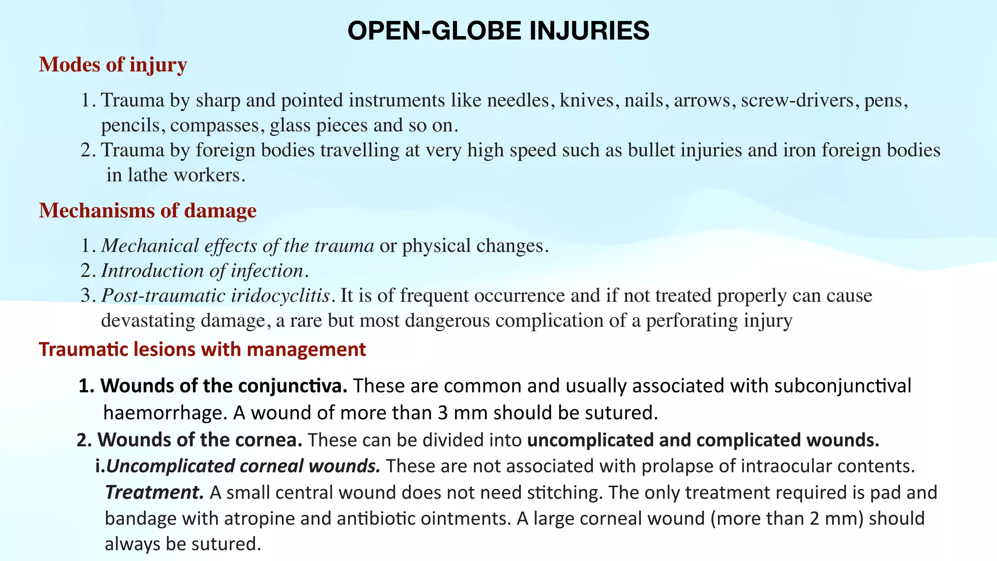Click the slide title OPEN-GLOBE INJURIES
click(x=498, y=31)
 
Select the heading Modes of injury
click(x=113, y=65)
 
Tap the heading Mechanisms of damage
click(x=148, y=210)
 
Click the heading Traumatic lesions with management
click(x=202, y=350)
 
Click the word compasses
click(x=214, y=126)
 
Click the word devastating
click(x=148, y=321)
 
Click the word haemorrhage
click(x=165, y=413)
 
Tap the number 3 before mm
click(x=443, y=413)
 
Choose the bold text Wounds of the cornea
click(x=200, y=440)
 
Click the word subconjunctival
click(x=842, y=386)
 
